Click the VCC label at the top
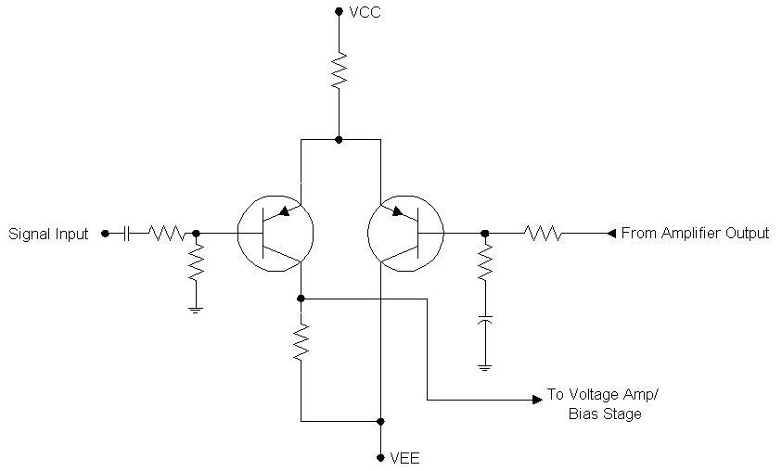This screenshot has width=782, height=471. [x=365, y=12]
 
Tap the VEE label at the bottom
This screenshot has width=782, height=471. [x=405, y=458]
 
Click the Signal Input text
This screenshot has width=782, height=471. [x=48, y=234]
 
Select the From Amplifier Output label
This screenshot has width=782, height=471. [x=694, y=234]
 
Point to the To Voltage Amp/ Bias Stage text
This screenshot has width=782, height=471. [x=602, y=404]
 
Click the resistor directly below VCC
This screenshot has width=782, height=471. [x=339, y=70]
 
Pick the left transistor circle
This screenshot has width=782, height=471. [x=276, y=233]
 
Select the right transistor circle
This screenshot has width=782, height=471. [x=406, y=233]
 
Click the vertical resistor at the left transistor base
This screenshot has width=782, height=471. [x=196, y=263]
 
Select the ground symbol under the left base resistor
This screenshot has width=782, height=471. [x=196, y=309]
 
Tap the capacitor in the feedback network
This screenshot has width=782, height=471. [x=484, y=320]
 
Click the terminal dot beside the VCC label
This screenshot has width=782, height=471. [x=339, y=12]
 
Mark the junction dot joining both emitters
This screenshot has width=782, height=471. [x=339, y=139]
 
